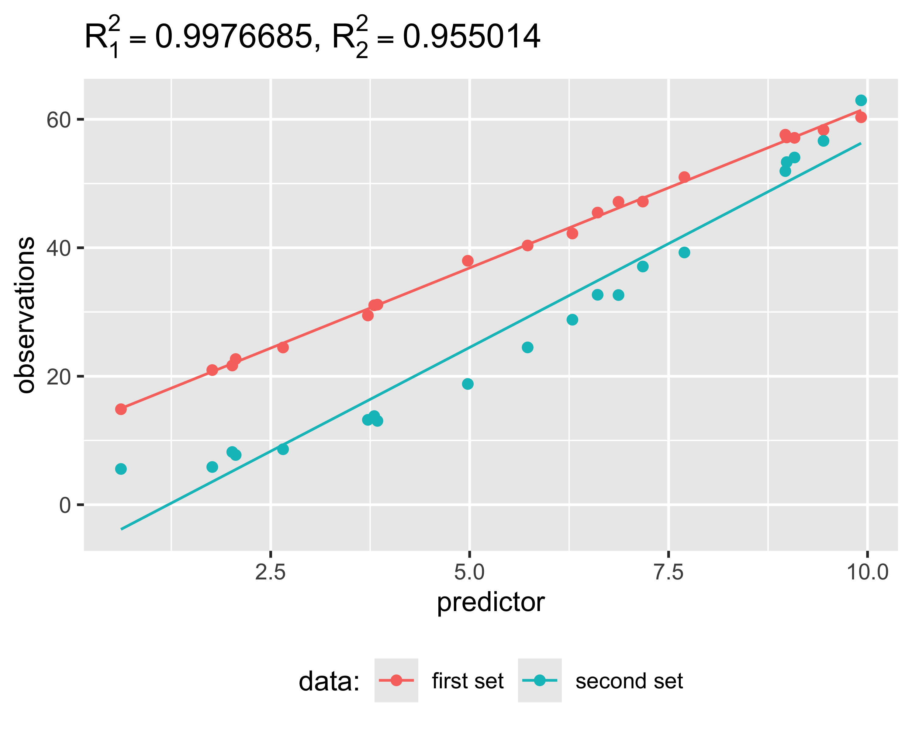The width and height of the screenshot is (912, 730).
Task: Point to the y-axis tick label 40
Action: pos(58,249)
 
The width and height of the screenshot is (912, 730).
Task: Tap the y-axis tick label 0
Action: pos(65,505)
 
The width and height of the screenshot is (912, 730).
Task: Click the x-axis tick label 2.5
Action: pos(270,572)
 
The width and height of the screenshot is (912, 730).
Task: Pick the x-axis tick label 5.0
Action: pos(469,572)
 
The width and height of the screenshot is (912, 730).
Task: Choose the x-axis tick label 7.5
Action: pos(668,572)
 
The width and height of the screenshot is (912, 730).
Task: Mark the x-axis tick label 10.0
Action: pos(867,572)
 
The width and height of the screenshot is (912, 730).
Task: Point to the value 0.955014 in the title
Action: pos(471,37)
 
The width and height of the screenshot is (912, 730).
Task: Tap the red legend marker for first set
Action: pos(396,680)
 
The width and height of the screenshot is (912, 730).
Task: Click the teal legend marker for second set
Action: pos(539,680)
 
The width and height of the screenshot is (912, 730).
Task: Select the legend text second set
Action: pos(629,681)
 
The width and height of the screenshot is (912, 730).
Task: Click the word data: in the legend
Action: pos(329,682)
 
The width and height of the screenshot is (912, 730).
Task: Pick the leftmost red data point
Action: pos(121,409)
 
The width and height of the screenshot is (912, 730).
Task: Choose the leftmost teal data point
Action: pos(121,469)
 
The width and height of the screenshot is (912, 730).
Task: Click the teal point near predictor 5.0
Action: pos(468,384)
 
